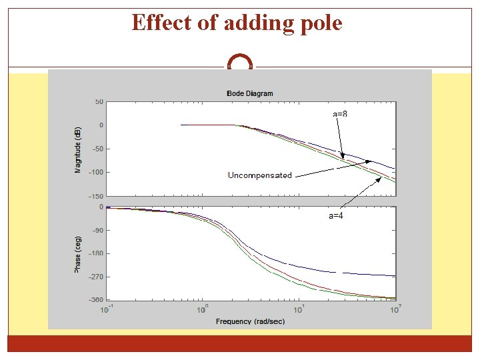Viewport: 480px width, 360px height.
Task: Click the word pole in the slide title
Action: coord(319,23)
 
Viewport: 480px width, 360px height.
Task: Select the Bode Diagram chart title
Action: coord(250,93)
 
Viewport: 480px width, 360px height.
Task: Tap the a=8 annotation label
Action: coord(340,114)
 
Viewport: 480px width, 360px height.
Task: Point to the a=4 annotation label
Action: coord(336,215)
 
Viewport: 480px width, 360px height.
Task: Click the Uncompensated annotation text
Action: coord(260,175)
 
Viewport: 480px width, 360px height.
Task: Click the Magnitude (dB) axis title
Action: coord(78,149)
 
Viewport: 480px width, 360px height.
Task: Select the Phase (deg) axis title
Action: coord(78,253)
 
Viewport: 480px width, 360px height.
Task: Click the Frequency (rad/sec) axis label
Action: coord(250,321)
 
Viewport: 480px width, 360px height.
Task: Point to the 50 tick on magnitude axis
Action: coord(99,102)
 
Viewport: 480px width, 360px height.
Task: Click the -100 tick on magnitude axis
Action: coord(96,172)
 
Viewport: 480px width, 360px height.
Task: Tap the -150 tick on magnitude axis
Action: coord(96,196)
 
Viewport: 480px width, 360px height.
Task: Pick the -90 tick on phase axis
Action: coord(97,230)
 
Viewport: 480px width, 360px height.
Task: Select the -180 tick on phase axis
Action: coord(96,253)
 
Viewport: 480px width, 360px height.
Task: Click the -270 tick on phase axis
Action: coord(96,276)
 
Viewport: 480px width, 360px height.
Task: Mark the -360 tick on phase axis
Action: coord(96,299)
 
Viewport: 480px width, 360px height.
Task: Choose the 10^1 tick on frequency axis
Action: coord(299,309)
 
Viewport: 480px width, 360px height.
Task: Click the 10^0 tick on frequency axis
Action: coord(201,309)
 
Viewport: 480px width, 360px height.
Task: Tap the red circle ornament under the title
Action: coord(240,64)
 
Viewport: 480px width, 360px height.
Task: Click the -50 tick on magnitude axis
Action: coord(97,149)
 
